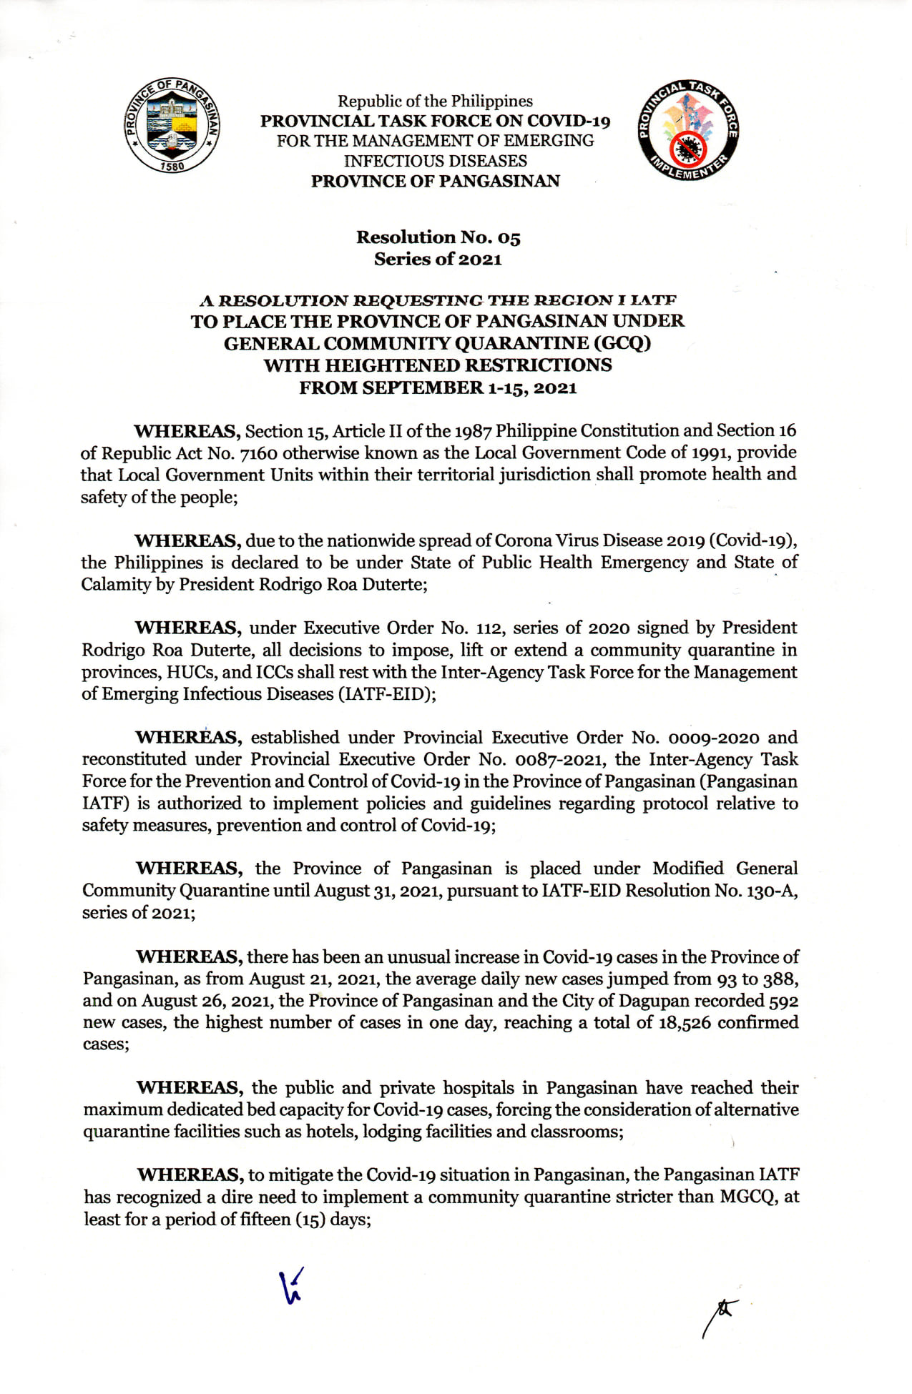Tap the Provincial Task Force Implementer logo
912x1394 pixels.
[687, 129]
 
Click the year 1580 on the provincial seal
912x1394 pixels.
[172, 166]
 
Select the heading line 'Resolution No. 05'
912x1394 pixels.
[438, 237]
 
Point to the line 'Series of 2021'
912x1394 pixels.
[438, 259]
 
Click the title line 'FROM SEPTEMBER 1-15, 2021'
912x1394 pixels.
[438, 388]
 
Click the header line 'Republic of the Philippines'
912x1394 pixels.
[435, 101]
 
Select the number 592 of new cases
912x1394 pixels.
[784, 1001]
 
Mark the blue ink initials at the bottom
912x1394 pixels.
[292, 1286]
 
